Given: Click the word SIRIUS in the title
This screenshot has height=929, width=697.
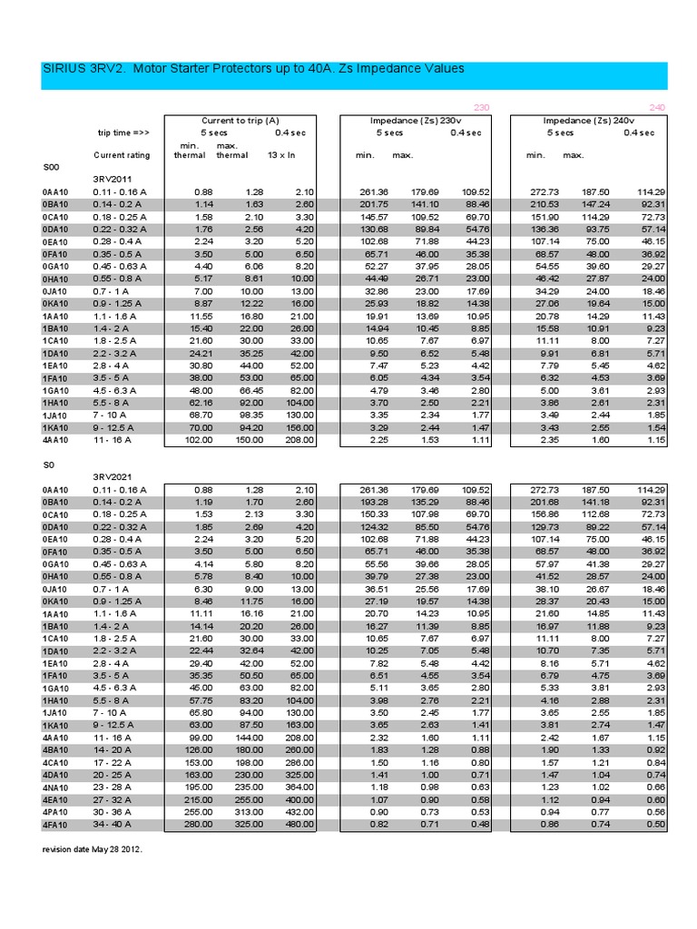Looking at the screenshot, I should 66,68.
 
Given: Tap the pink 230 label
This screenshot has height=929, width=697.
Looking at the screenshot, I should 481,108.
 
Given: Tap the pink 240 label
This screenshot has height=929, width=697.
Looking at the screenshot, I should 657,108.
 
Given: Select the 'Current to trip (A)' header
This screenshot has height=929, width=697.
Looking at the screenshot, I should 240,121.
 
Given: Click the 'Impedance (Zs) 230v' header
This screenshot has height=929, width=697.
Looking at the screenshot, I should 416,121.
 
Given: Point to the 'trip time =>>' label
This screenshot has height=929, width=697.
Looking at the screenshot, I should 124,132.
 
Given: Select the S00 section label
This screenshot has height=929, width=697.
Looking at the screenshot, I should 51,168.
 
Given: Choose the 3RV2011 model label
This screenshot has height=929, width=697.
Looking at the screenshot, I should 113,180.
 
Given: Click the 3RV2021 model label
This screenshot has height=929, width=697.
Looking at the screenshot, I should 113,476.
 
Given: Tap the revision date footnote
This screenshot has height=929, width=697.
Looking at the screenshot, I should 93,850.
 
